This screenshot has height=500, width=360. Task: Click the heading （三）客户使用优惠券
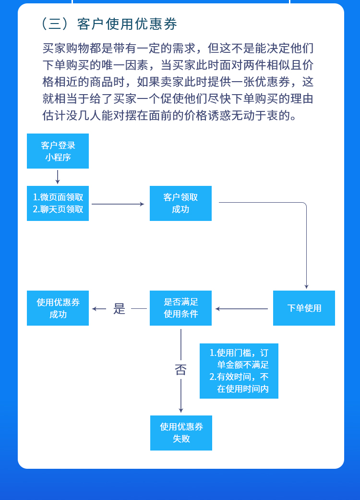coord(109,24)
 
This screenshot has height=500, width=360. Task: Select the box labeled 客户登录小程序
coord(58,151)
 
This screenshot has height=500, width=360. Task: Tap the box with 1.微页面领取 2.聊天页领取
coord(58,203)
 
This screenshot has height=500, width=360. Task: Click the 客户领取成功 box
coord(180,203)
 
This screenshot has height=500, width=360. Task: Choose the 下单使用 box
coord(304,308)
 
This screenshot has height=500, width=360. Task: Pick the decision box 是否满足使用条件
coord(180,308)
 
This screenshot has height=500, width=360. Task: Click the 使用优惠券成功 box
coord(58,308)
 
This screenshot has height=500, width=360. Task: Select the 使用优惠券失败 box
coord(181,433)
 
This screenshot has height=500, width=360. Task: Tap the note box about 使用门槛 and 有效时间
coord(239,371)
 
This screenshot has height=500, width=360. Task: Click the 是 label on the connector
coord(119,308)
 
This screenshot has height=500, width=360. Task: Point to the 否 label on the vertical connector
coord(180,370)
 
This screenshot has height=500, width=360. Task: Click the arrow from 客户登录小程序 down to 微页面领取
coord(58,177)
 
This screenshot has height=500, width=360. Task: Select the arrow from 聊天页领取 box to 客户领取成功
coord(118,204)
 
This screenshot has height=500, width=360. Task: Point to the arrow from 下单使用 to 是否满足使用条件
coord(241,309)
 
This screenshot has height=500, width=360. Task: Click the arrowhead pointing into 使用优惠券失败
coord(181,410)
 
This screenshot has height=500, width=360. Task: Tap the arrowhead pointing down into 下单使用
coord(306,286)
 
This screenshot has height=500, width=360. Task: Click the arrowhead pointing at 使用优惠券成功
coord(95,309)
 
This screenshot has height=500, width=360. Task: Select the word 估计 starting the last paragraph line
coord(51,116)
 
